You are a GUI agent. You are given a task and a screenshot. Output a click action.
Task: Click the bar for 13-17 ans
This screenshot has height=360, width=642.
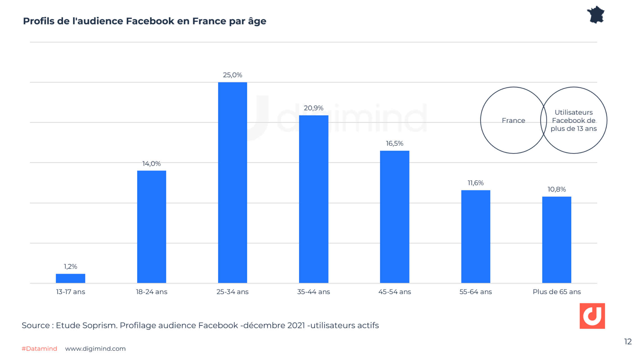click(x=70, y=278)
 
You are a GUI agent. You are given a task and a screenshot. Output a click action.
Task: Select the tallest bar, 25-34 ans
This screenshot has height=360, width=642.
click(x=233, y=183)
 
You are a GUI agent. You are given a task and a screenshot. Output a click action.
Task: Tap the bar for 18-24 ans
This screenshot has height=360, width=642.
click(x=152, y=227)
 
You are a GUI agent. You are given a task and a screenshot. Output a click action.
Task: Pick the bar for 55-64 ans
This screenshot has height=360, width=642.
click(x=475, y=236)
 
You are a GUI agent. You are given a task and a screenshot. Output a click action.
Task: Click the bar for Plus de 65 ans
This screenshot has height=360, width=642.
click(x=557, y=240)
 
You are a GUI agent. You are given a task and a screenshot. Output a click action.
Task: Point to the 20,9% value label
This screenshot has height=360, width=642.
click(x=313, y=108)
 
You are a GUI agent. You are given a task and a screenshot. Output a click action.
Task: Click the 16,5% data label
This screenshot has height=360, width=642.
click(x=394, y=143)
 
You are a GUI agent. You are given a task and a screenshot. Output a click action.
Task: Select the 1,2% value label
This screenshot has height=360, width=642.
click(x=70, y=266)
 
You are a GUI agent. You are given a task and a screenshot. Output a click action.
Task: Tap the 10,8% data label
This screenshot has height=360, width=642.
click(x=557, y=189)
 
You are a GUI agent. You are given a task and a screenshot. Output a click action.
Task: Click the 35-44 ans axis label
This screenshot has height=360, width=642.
click(x=313, y=292)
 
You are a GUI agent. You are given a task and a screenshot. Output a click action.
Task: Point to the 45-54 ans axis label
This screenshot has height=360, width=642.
click(x=395, y=292)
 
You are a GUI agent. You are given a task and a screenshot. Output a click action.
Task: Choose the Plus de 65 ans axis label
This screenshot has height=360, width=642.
click(x=557, y=292)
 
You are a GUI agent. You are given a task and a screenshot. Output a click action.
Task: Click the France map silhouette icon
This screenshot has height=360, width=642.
click(x=595, y=15)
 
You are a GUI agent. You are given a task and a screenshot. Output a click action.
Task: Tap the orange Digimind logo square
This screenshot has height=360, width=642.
click(x=592, y=316)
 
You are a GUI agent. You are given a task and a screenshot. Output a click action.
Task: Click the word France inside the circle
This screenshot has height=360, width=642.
click(x=513, y=120)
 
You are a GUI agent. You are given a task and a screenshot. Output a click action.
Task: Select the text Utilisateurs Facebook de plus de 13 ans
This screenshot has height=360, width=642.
click(x=573, y=120)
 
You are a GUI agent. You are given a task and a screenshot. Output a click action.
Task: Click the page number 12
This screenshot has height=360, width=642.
click(x=628, y=341)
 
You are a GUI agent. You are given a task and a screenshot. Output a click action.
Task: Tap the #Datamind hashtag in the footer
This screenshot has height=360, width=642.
click(x=39, y=348)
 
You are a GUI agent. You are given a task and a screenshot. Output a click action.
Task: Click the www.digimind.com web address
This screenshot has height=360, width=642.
click(x=95, y=348)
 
